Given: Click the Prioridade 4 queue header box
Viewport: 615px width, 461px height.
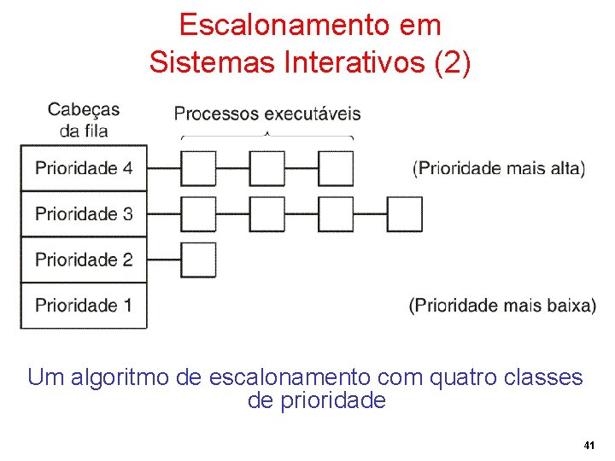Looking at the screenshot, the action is click(84, 168).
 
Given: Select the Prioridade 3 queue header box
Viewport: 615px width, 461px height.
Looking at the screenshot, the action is click(84, 214).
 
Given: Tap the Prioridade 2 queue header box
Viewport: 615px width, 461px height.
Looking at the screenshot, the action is click(84, 260).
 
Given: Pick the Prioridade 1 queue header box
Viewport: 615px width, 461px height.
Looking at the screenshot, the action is click(84, 306).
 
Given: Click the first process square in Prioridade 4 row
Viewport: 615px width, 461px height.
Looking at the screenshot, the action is click(199, 168).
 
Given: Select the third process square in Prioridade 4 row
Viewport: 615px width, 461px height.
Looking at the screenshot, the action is click(336, 168).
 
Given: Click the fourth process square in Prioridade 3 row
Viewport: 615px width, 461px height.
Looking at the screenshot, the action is click(405, 214).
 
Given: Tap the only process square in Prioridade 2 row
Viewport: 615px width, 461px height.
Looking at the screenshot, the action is click(199, 260).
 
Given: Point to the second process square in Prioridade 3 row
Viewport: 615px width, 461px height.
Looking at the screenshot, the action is click(267, 214).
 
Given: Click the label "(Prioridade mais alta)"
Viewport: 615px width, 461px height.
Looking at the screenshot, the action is click(499, 168).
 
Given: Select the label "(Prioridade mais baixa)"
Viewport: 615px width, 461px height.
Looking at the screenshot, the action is click(502, 306).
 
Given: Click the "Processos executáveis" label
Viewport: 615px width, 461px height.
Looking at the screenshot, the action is click(267, 114).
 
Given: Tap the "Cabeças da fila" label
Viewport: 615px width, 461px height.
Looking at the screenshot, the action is click(84, 120).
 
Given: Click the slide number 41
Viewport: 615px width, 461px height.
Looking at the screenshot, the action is click(589, 446).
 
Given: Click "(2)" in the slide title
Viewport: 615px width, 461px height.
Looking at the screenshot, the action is click(453, 62).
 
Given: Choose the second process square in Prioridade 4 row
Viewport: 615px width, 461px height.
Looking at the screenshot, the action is click(267, 168).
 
